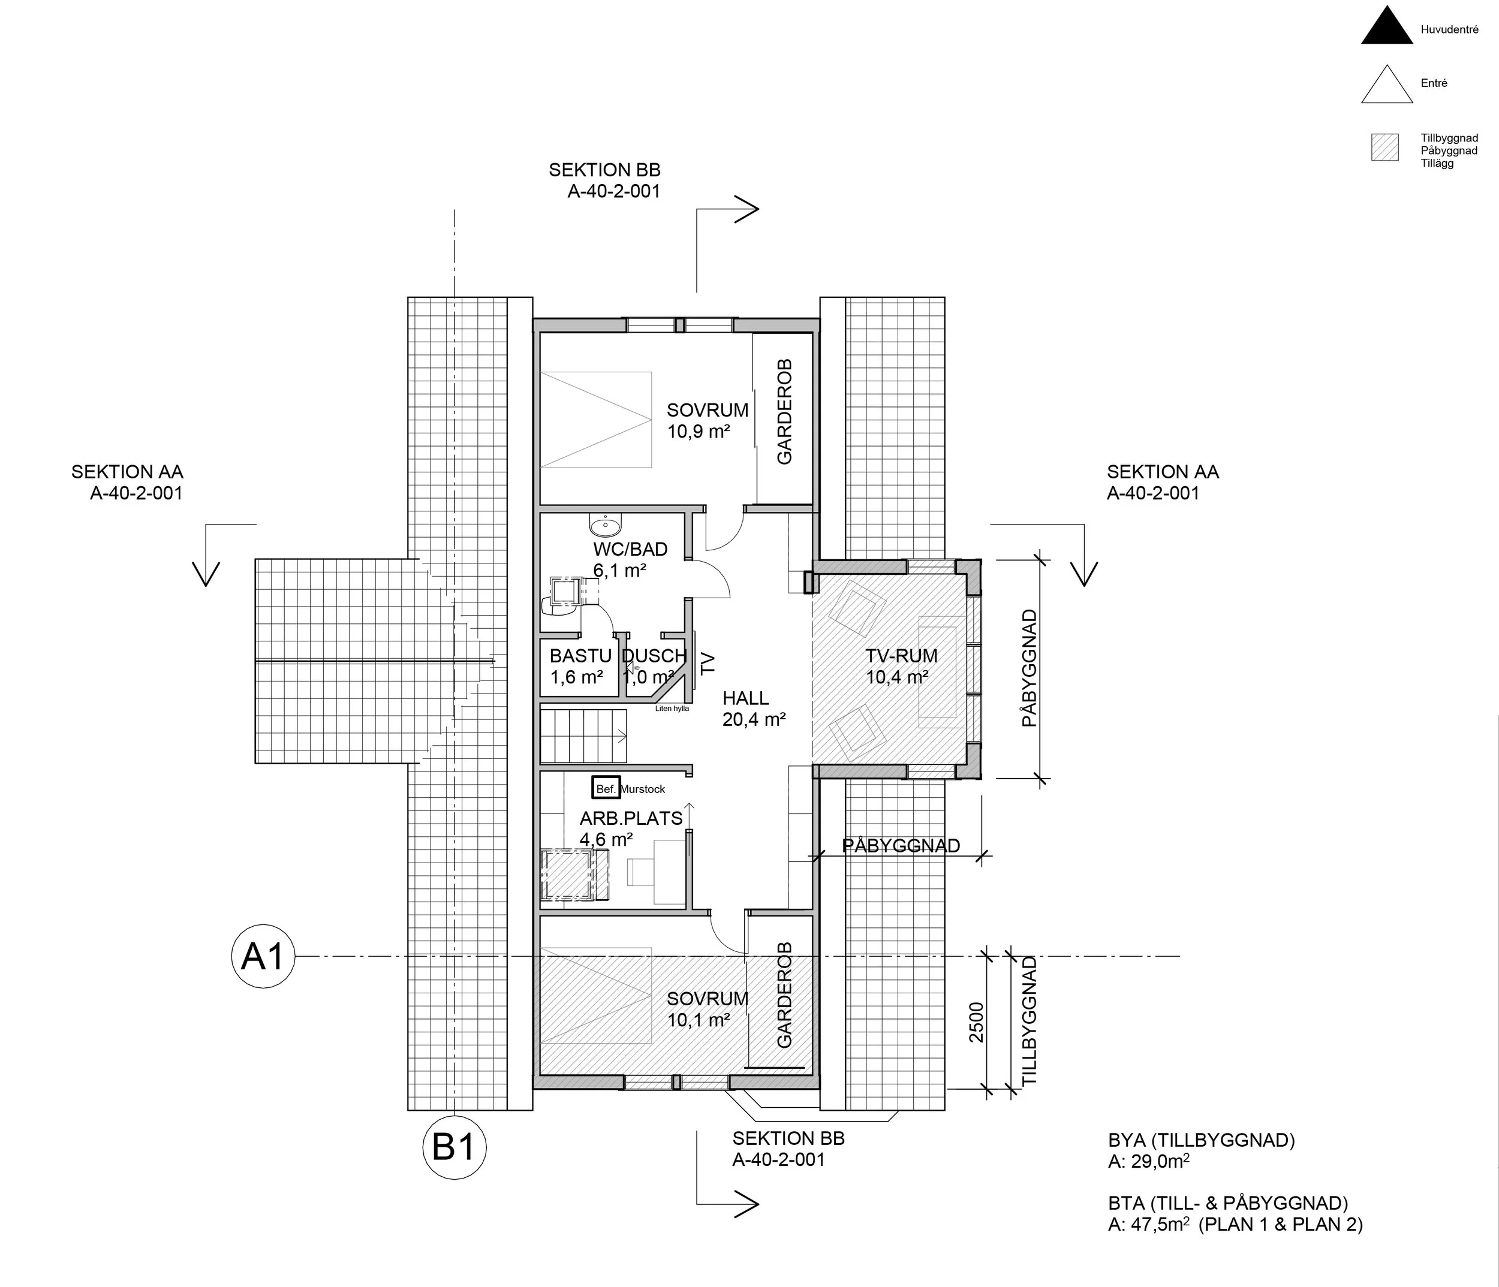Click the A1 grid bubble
point(263,956)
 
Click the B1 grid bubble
point(454,1147)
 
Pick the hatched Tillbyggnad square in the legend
point(1384,147)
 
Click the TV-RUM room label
point(901,656)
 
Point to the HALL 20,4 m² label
point(753,709)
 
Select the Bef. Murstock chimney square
point(606,788)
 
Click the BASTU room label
point(580,656)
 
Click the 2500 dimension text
point(977,1022)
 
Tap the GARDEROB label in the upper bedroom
point(784,412)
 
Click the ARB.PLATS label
point(631,818)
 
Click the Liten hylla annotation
point(672,709)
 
